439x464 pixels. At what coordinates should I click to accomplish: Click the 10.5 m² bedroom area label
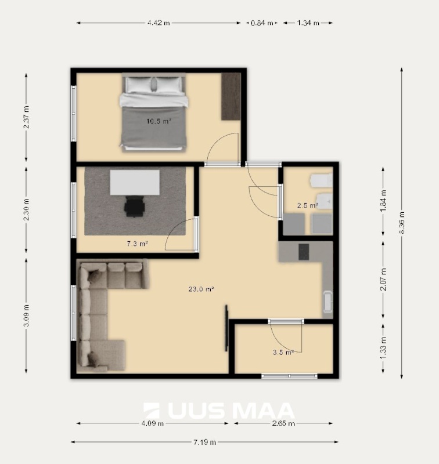[x=159, y=121]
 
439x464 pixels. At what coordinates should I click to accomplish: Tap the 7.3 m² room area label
[x=137, y=244]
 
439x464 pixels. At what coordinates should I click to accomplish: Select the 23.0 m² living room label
[x=201, y=289]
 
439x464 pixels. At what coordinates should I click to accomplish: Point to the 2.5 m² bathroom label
[x=308, y=205]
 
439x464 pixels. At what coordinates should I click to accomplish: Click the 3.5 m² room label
[x=283, y=353]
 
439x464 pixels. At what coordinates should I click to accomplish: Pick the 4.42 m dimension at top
[x=159, y=23]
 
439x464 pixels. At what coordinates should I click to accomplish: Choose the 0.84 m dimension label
[x=262, y=23]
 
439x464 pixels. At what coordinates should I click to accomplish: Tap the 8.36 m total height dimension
[x=402, y=223]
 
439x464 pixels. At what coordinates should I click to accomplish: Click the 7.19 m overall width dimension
[x=204, y=442]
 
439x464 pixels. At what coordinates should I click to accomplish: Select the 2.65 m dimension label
[x=283, y=423]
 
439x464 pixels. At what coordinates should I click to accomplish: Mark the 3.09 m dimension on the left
[x=26, y=316]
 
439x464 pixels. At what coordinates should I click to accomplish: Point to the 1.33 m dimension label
[x=383, y=347]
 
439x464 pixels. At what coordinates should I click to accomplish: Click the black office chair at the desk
[x=135, y=206]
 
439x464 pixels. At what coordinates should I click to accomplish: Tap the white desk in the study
[x=135, y=182]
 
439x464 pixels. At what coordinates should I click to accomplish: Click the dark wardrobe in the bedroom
[x=231, y=96]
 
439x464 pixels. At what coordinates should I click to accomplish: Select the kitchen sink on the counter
[x=327, y=302]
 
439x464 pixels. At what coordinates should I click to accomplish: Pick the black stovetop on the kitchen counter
[x=304, y=252]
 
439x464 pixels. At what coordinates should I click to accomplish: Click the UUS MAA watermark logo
[x=219, y=411]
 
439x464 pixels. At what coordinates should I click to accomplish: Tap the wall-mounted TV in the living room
[x=226, y=328]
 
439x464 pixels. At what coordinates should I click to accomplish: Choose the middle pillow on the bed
[x=153, y=84]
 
